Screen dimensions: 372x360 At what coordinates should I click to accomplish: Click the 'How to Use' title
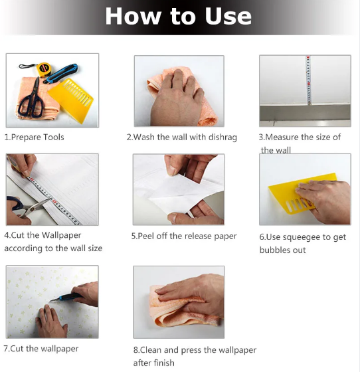coord(178,16)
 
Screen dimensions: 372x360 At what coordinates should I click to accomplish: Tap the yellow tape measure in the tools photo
coord(44,68)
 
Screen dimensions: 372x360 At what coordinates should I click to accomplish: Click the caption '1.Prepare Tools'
coord(35,137)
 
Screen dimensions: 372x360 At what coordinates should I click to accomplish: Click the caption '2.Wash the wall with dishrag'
coord(179,137)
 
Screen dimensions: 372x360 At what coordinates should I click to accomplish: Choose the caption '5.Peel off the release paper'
coord(184,236)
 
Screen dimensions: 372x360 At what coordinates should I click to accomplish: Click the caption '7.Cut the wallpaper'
coord(41,349)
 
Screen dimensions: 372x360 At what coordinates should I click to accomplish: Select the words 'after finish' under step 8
coord(154,363)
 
